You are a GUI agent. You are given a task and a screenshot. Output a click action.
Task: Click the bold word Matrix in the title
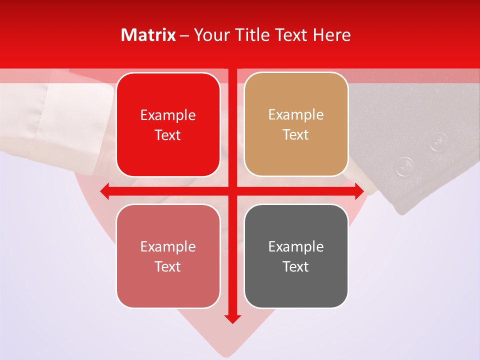pos(148,35)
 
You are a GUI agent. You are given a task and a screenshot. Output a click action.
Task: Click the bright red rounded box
pos(168,124)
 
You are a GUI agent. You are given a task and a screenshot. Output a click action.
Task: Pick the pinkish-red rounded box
pos(168,256)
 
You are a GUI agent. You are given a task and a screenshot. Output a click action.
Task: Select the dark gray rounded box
pos(296,256)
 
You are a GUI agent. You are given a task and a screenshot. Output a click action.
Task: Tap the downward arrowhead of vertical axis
pos(232,319)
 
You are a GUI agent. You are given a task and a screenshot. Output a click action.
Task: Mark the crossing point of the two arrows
pos(232,191)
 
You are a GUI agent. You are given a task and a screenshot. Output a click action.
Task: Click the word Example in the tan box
pos(296,114)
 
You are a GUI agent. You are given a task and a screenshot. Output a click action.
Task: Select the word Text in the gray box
pos(296,266)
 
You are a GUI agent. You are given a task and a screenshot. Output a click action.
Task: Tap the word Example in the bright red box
pos(168,115)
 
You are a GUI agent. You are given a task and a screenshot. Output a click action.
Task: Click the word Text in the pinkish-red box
pos(168,266)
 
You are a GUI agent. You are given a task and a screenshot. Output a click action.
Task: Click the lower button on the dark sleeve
pos(405,165)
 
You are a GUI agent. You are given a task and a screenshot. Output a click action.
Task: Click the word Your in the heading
pos(209,35)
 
